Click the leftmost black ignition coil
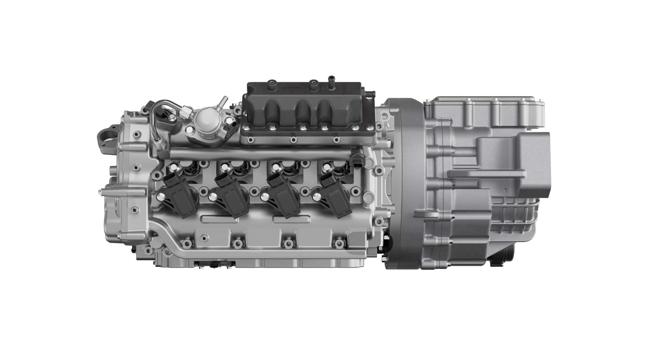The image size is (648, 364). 177,199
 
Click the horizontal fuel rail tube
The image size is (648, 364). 263,153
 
